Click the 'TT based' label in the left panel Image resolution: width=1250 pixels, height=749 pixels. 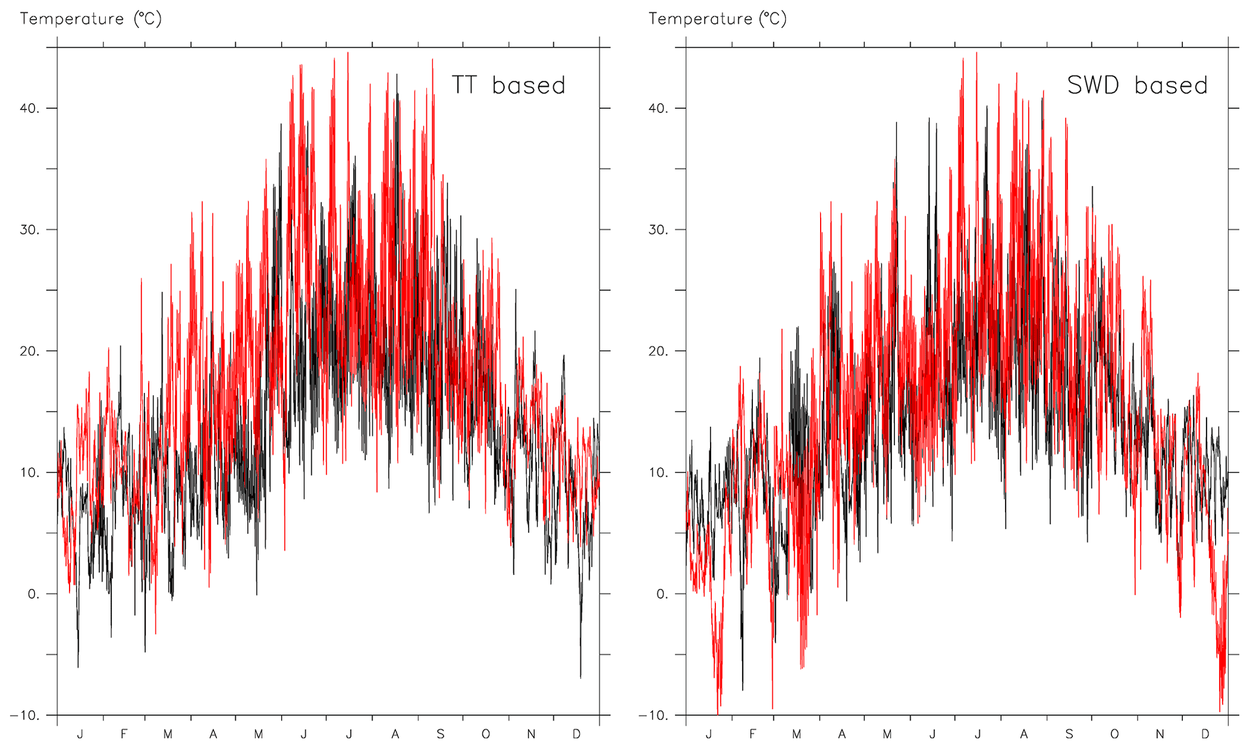point(508,85)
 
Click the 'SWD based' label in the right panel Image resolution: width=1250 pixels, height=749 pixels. point(1137,85)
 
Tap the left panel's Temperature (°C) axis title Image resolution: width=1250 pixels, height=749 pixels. point(91,19)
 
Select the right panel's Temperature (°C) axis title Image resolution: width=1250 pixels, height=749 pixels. point(718,19)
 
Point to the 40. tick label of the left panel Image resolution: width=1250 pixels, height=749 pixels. point(30,108)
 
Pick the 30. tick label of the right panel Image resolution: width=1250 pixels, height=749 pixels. point(659,230)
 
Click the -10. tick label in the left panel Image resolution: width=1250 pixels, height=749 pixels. point(25,716)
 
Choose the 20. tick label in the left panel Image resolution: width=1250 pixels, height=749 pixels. point(30,351)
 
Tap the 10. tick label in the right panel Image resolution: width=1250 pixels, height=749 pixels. point(659,473)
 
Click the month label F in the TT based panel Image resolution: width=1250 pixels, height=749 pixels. point(124,734)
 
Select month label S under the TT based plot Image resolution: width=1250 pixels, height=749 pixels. point(440,734)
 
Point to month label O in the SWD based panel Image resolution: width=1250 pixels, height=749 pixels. point(1115,734)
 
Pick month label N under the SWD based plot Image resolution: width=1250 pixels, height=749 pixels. point(1160,734)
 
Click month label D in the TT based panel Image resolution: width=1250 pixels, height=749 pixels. point(576,734)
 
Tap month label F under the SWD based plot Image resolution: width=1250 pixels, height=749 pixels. point(753,734)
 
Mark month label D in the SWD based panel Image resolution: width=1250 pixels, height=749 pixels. point(1205,734)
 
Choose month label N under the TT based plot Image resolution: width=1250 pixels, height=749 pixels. point(531,734)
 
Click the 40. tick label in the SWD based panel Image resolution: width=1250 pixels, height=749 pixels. point(659,108)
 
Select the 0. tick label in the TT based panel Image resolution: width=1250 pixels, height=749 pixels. point(33,594)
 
